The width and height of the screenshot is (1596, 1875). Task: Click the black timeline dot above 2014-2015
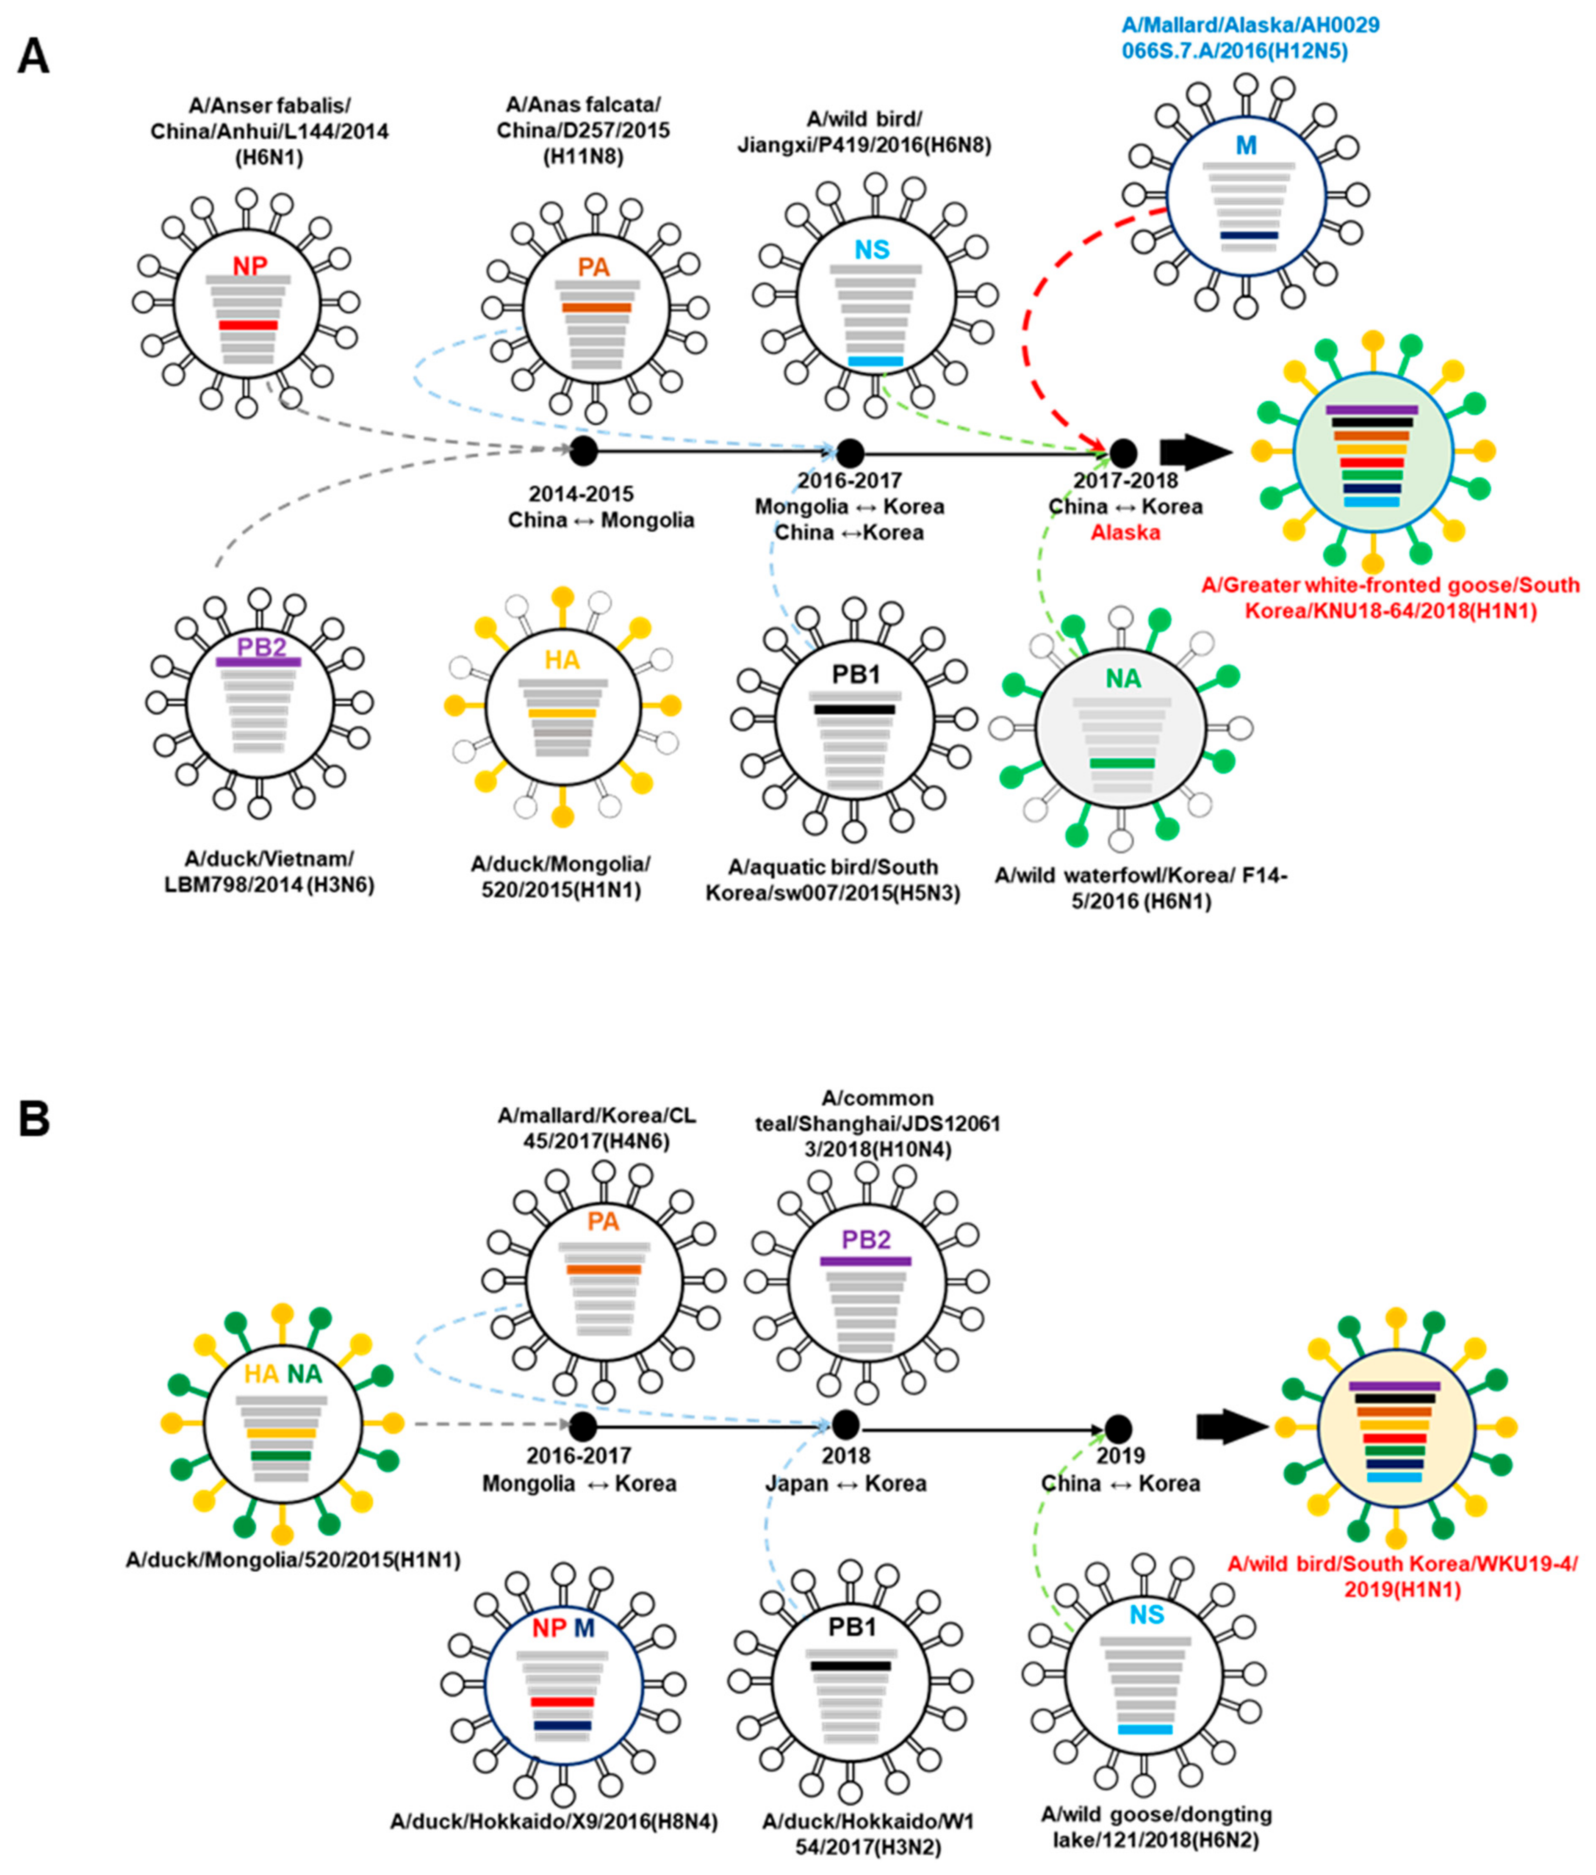(584, 450)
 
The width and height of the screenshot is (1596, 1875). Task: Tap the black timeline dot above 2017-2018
(1123, 451)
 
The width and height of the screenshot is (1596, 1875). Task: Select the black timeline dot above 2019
(1118, 1428)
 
